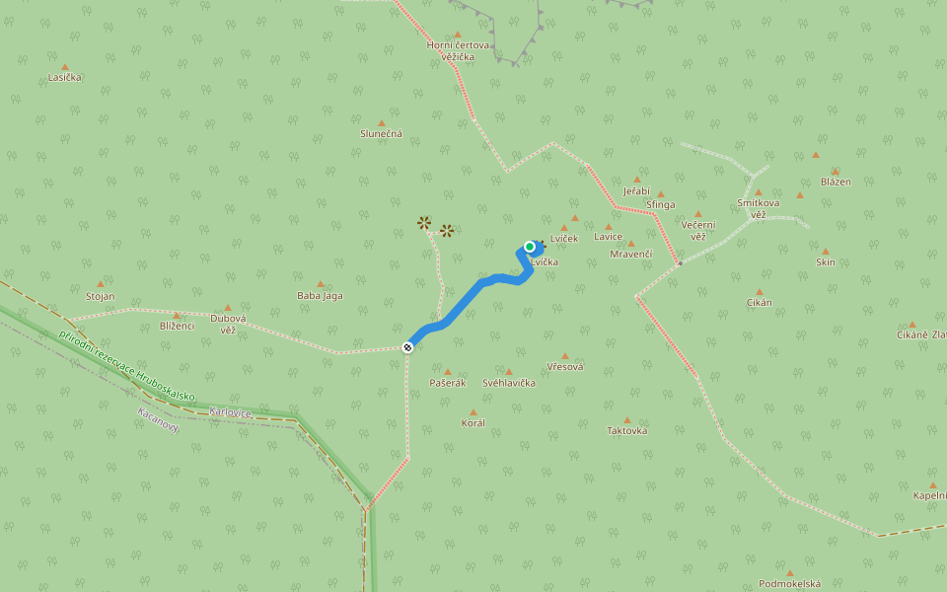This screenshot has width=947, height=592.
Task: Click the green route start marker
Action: coord(530,247)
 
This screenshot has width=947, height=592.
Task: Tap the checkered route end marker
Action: coord(407,346)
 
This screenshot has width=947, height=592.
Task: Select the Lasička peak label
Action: coord(64,77)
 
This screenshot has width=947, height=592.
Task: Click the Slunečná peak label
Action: coord(381,134)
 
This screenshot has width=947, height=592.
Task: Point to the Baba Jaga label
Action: coord(320,295)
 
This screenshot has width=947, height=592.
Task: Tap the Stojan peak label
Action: coord(100,296)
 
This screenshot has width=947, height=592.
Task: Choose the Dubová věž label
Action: coord(228,324)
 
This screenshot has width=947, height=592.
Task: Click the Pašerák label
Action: coord(447,383)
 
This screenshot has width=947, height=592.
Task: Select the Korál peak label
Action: coord(473,423)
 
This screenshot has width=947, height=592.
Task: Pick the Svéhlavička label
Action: coord(508,383)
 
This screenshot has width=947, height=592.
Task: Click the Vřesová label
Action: coord(564,367)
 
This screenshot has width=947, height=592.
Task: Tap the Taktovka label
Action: coord(626,431)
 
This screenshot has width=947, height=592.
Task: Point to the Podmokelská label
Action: coord(789,584)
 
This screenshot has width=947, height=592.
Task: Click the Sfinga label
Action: coord(660,205)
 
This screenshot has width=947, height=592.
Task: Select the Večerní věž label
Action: coord(698,230)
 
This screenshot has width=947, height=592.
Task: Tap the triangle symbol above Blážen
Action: coord(835,171)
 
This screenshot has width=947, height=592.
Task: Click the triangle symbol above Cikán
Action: coord(759,292)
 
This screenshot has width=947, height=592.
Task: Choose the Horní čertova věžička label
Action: coord(458,50)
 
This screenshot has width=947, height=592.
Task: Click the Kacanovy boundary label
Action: coord(158,418)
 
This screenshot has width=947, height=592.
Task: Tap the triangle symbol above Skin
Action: coord(825,251)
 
